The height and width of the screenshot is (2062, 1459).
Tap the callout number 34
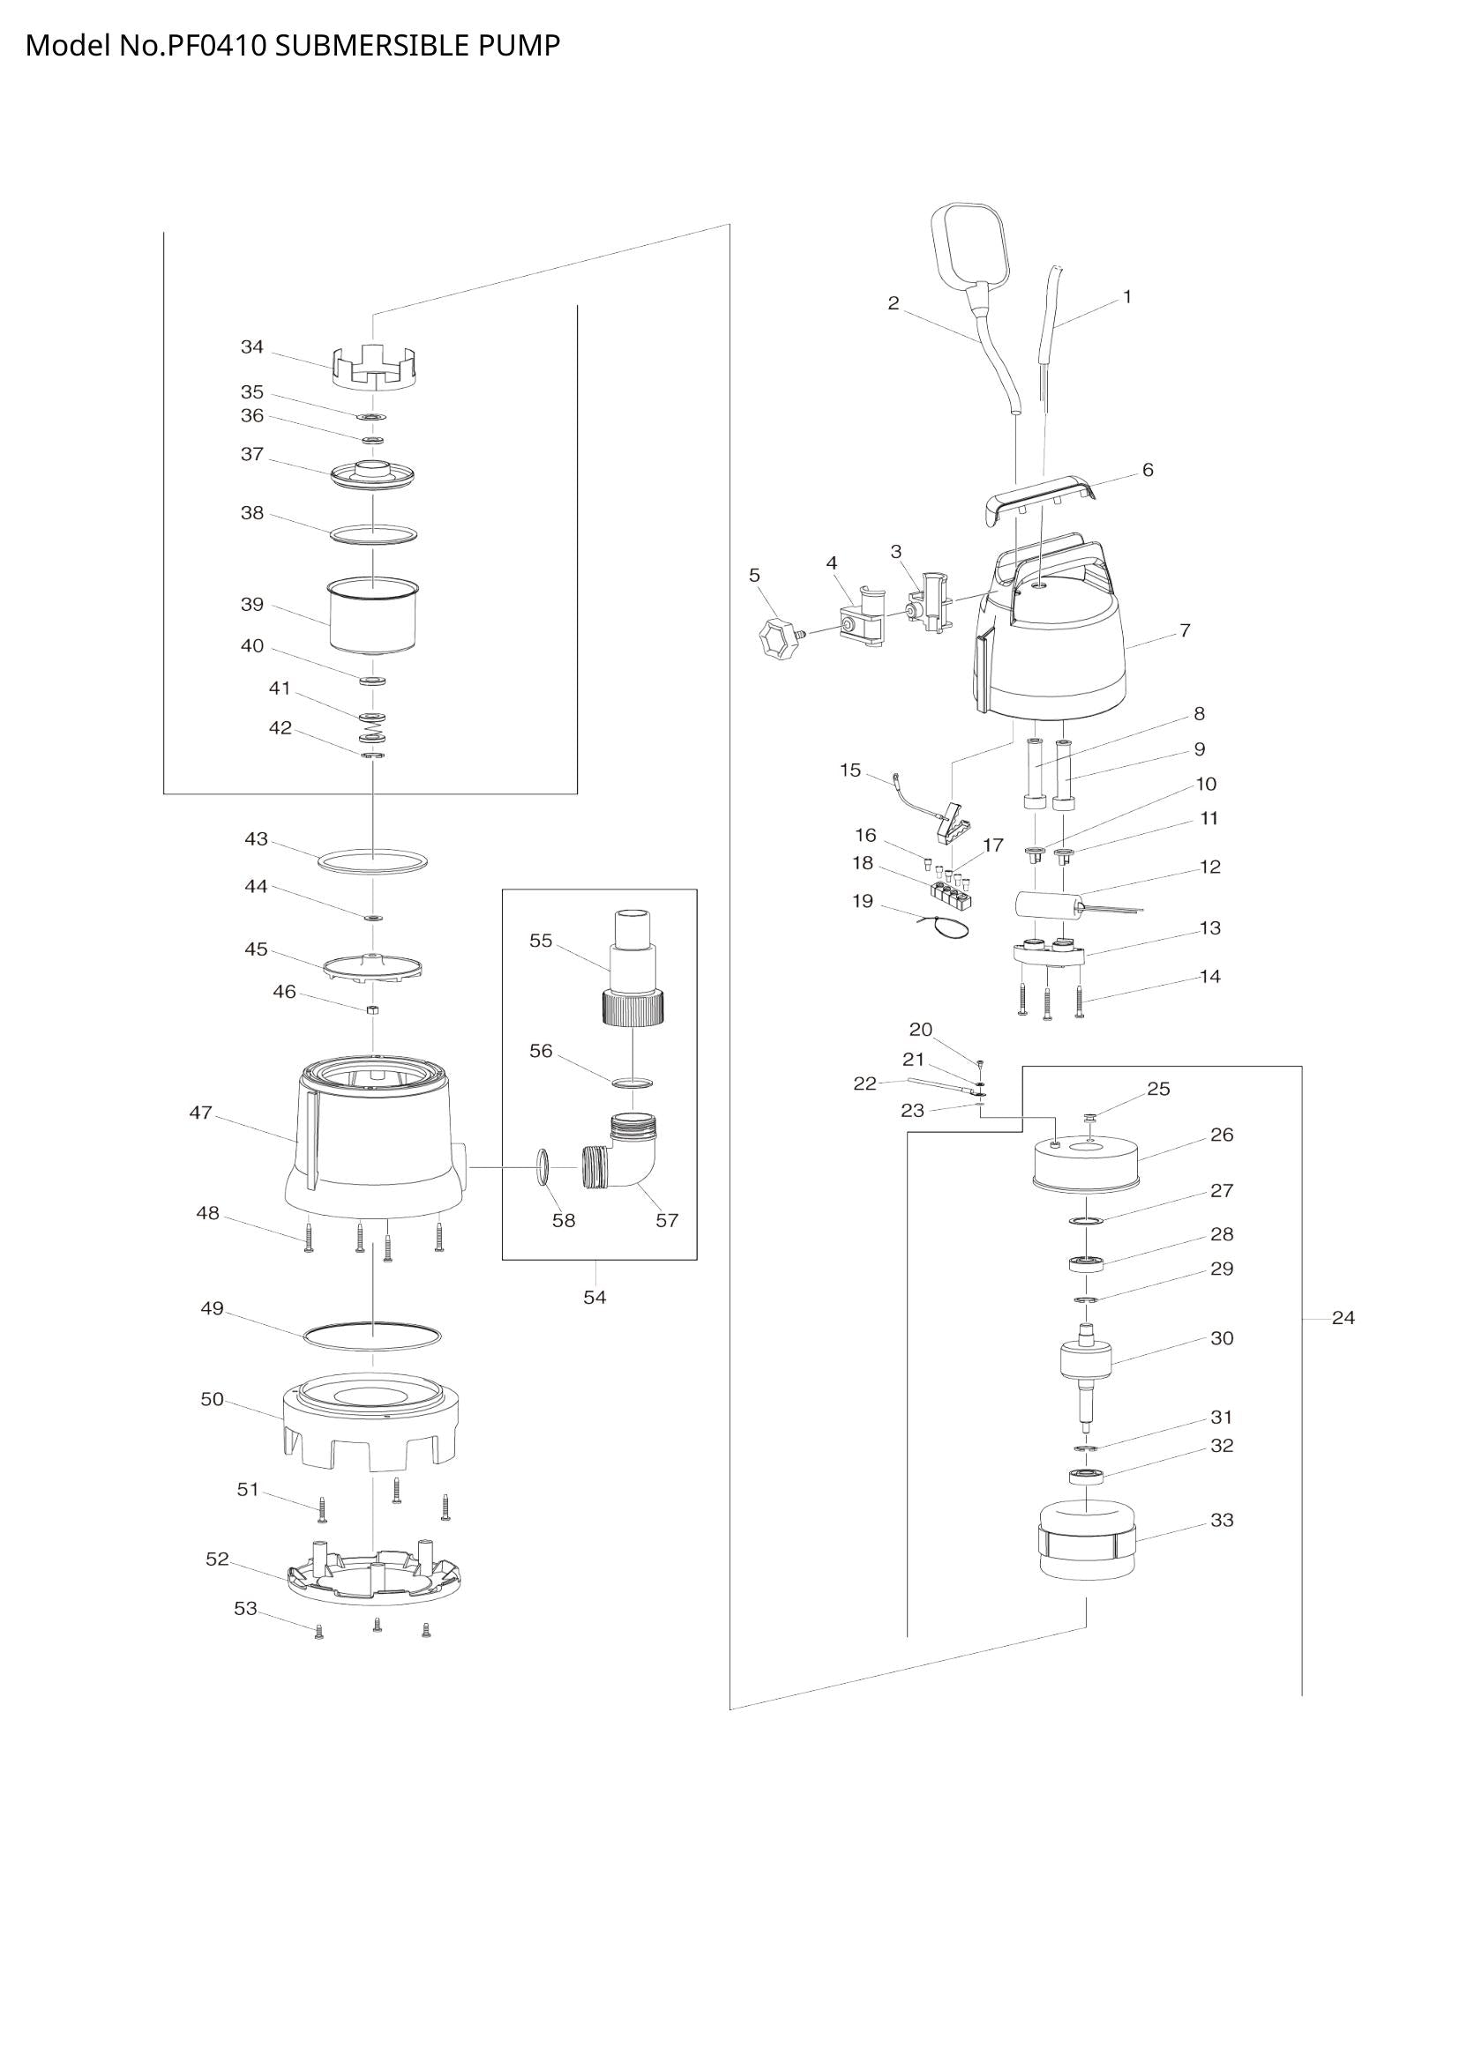pyautogui.click(x=252, y=347)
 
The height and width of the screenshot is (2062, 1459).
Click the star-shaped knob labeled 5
pyautogui.click(x=776, y=636)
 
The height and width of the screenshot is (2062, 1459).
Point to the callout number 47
pyautogui.click(x=200, y=1113)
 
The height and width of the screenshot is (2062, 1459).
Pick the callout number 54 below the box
pyautogui.click(x=595, y=1297)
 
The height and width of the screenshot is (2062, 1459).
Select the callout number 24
pyautogui.click(x=1343, y=1317)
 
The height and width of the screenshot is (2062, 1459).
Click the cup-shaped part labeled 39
pyautogui.click(x=373, y=616)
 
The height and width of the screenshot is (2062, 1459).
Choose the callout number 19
pyautogui.click(x=863, y=901)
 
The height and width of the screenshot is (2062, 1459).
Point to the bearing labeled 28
pyautogui.click(x=1086, y=1264)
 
